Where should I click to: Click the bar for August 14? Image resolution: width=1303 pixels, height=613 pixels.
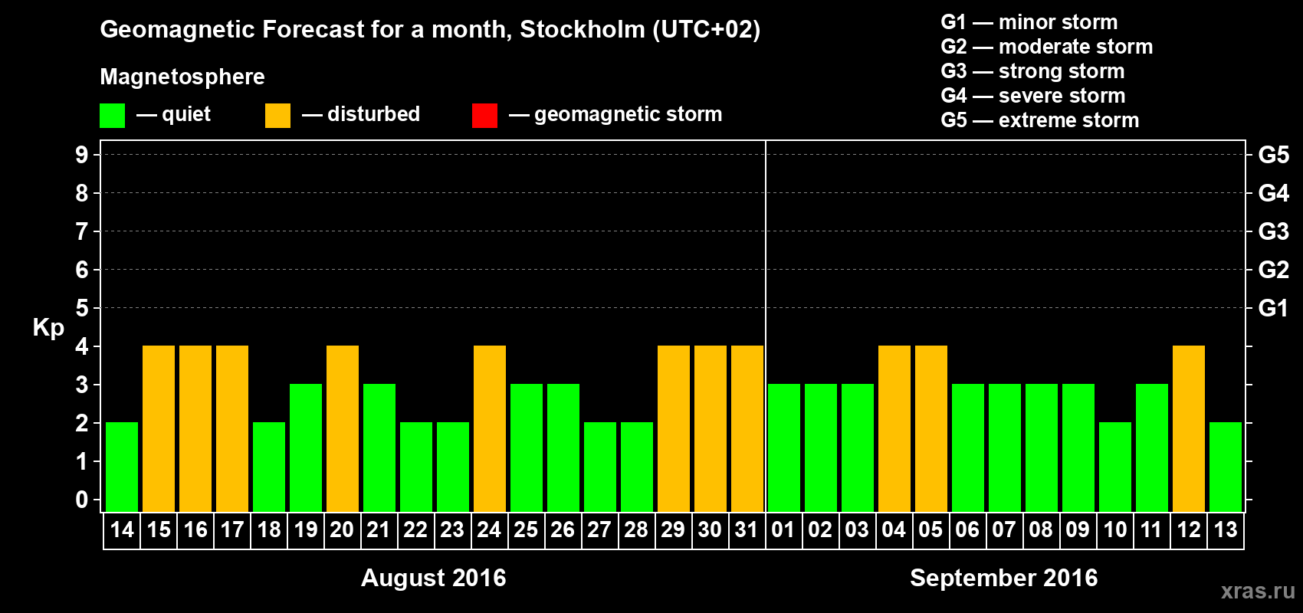[x=122, y=467]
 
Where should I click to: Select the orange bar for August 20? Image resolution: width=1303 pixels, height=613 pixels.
[x=343, y=428]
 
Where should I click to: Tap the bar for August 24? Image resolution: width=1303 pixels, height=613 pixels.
[x=490, y=428]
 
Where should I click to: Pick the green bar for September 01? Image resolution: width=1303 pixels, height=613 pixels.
[x=784, y=447]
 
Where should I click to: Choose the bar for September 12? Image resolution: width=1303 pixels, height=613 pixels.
[x=1189, y=428]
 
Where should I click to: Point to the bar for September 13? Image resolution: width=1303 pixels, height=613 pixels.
[x=1226, y=467]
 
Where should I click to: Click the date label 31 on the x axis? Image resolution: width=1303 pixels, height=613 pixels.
[x=747, y=529]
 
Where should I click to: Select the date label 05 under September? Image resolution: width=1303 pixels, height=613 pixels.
[x=930, y=529]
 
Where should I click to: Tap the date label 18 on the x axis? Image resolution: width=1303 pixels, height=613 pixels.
[x=269, y=529]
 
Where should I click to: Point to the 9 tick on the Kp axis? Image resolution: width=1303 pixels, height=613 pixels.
[x=82, y=155]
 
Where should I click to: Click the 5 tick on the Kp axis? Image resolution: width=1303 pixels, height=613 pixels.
[x=82, y=308]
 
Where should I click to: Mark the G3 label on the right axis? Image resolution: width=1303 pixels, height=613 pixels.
[x=1273, y=231]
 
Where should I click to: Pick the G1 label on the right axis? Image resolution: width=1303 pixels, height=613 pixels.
[x=1273, y=308]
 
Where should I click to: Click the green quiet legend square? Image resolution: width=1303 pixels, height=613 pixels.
[x=113, y=116]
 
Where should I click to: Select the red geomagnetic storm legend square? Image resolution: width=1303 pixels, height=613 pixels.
[x=484, y=116]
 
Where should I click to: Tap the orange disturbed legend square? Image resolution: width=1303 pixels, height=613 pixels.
[x=277, y=116]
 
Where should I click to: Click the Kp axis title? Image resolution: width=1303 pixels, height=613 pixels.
[x=48, y=327]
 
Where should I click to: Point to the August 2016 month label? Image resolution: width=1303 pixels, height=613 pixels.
[x=433, y=578]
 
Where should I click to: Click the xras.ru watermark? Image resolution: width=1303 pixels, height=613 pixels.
[x=1258, y=591]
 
